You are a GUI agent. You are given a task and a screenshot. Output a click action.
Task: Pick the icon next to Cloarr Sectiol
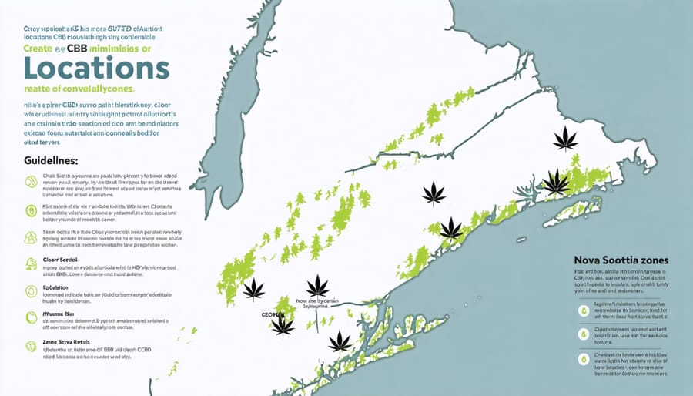click(32, 264)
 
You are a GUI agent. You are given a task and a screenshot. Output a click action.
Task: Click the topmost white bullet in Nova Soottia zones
click(582, 309)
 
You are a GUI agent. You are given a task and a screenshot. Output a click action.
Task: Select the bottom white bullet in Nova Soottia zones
click(582, 360)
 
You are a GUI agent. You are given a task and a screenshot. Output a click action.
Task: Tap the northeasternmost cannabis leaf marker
click(566, 139)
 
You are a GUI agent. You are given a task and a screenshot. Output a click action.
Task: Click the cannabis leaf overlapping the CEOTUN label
click(283, 325)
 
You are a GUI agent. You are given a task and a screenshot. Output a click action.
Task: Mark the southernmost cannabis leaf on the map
click(340, 341)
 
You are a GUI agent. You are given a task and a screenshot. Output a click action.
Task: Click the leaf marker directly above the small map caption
click(317, 285)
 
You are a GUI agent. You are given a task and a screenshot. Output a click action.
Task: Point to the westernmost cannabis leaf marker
click(253, 289)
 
